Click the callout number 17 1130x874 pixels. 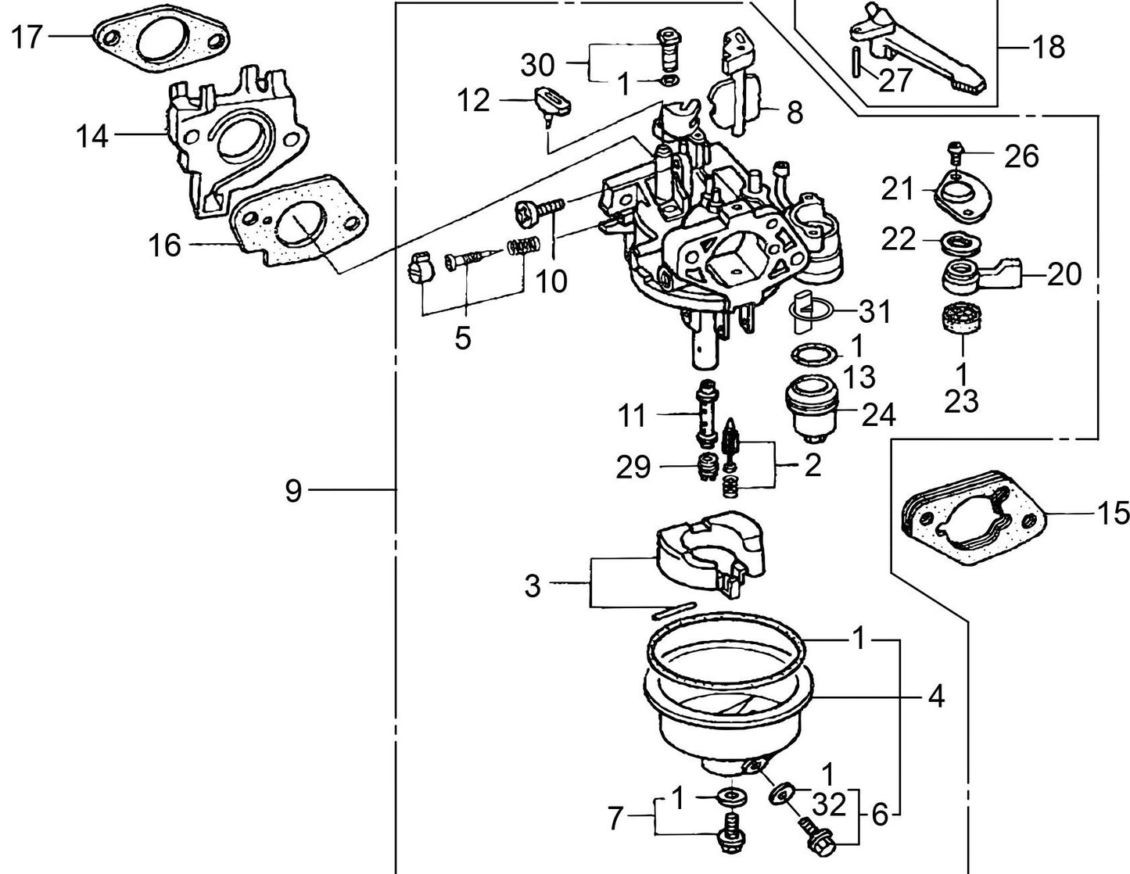point(27,36)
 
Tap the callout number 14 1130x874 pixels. point(92,137)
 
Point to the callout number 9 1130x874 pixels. point(293,492)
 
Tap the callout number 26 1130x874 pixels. point(1021,156)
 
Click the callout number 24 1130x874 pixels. point(877,415)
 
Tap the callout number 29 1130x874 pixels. point(633,467)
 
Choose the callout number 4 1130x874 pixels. point(935,696)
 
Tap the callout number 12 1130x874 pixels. point(474,101)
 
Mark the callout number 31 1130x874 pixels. point(874,312)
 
